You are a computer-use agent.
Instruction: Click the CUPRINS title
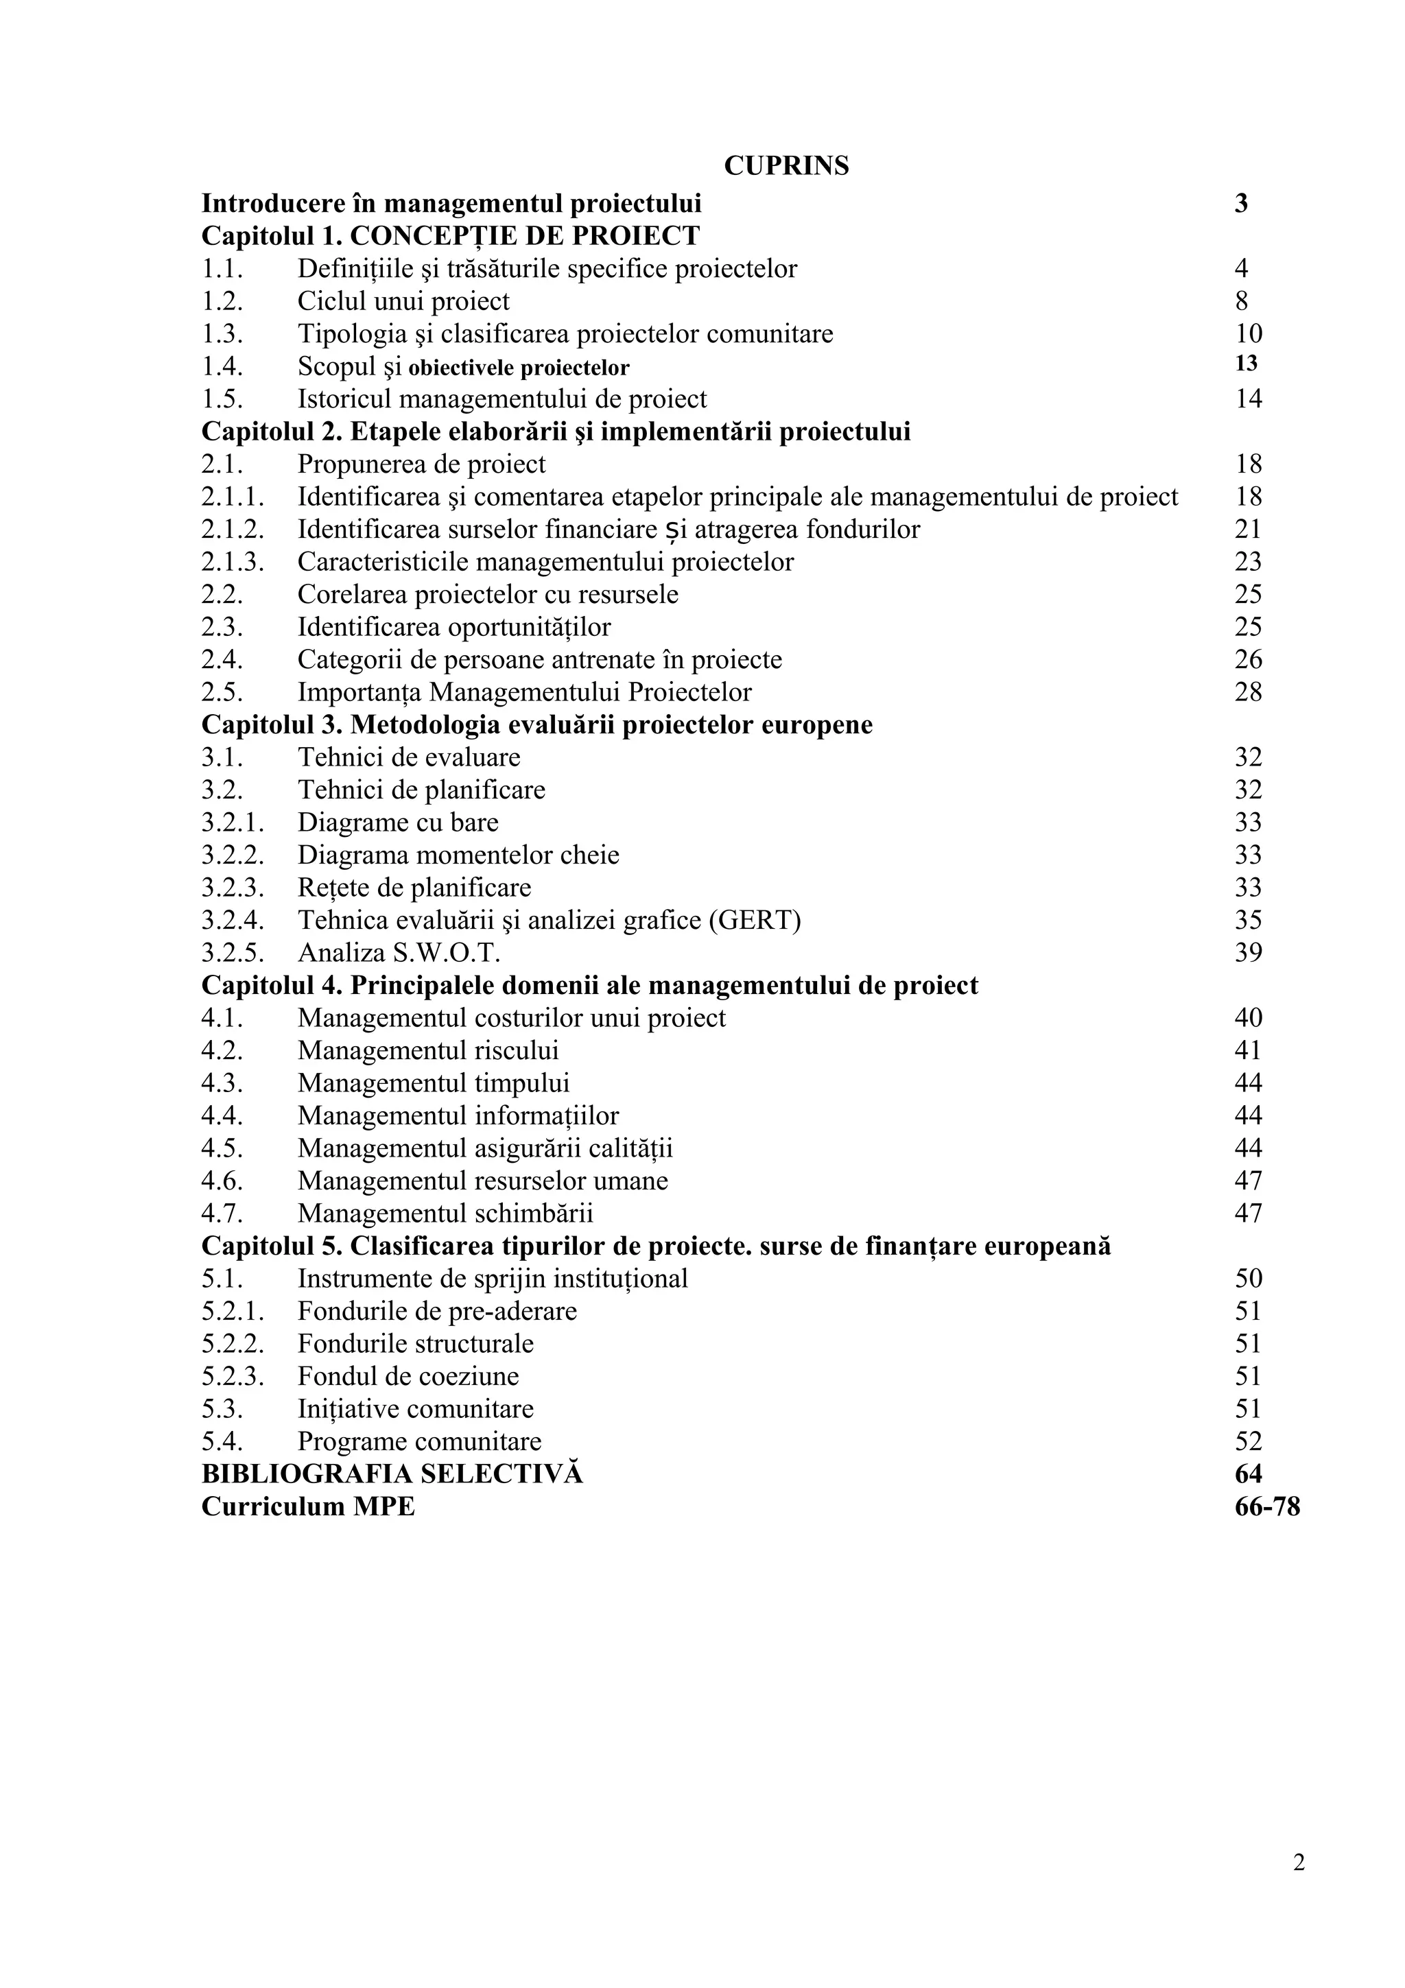pos(786,165)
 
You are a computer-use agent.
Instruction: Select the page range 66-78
pos(1266,1506)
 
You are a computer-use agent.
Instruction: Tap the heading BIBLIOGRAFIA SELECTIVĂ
pos(392,1474)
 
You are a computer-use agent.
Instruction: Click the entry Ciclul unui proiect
pos(403,301)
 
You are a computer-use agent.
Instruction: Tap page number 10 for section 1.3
pos(1247,333)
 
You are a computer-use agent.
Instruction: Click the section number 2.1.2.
pos(232,529)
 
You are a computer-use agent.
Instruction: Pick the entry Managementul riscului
pos(427,1050)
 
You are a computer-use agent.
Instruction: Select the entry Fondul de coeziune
pos(408,1376)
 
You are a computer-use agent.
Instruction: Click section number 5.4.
pos(222,1442)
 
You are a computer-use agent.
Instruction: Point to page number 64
pos(1247,1474)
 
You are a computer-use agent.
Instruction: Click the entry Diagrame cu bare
pos(397,822)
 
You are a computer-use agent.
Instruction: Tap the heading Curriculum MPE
pos(308,1506)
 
